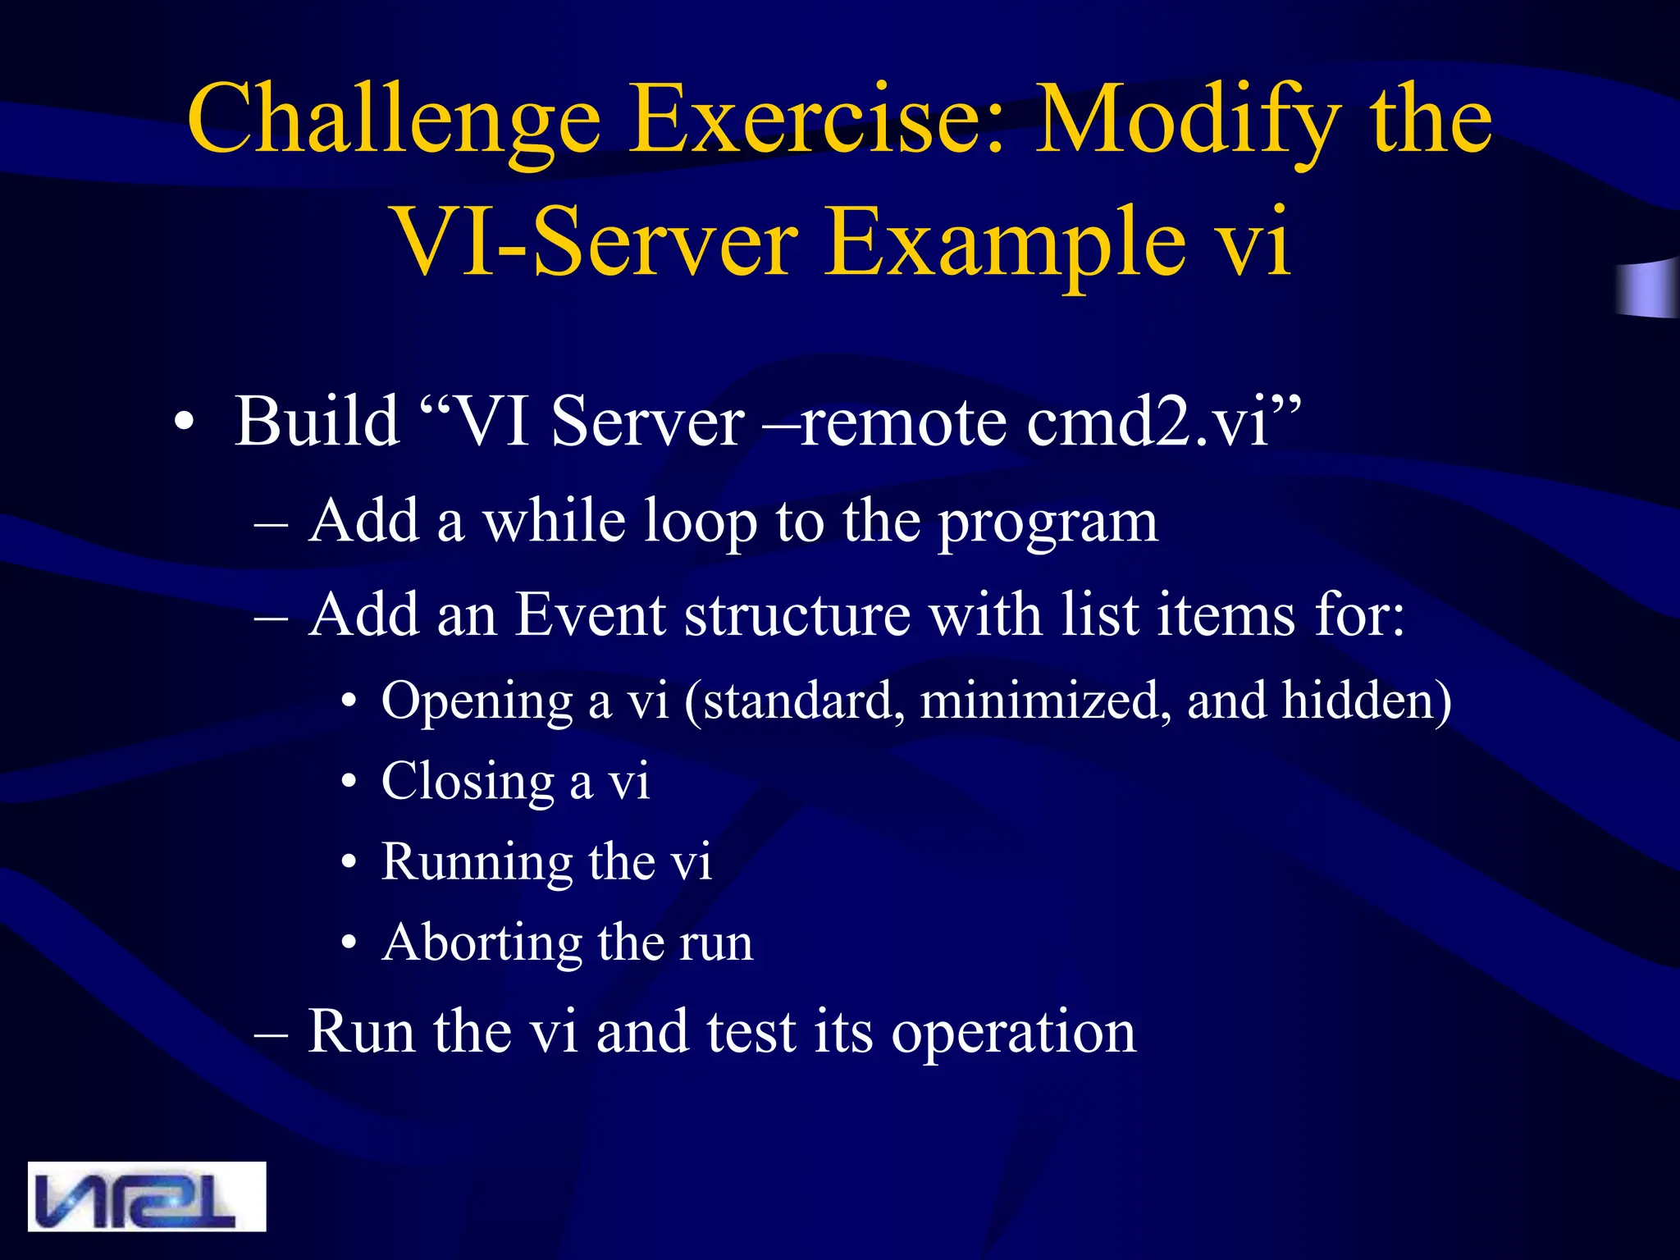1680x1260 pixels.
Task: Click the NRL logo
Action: [x=147, y=1196]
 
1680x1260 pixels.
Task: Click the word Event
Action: [x=589, y=614]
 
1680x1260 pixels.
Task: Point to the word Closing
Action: [x=468, y=782]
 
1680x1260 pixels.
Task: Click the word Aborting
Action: [x=482, y=943]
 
